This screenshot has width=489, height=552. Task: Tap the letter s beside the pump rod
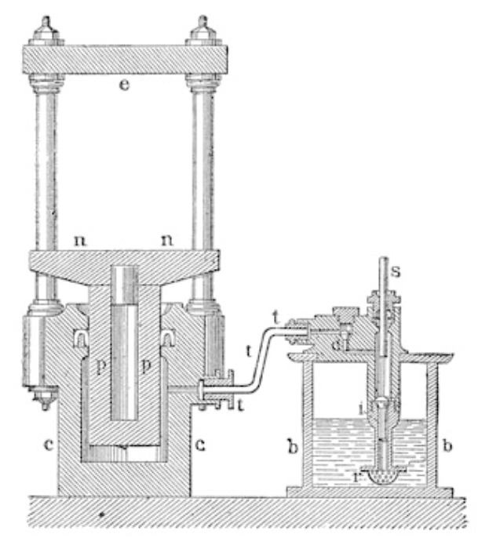coord(396,271)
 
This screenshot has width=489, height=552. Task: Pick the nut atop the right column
coord(203,31)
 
